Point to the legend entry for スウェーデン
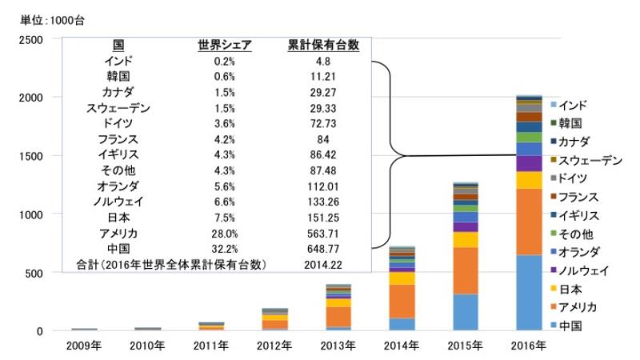pyautogui.click(x=590, y=161)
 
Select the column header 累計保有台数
pyautogui.click(x=322, y=45)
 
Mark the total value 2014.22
pyautogui.click(x=323, y=264)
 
